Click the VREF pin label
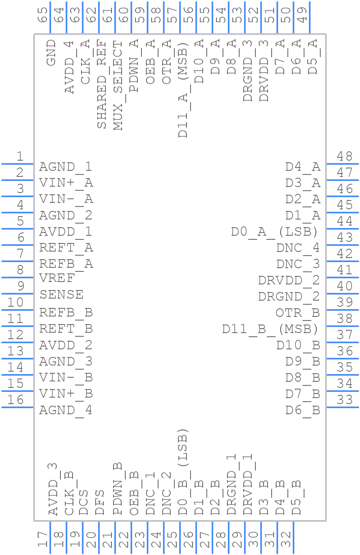[57, 278]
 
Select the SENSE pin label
[62, 295]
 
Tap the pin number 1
[20, 156]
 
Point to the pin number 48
[345, 156]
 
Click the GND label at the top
[51, 53]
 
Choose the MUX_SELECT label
[118, 86]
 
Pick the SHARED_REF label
[102, 84]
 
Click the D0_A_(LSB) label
[274, 232]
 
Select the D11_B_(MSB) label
[270, 329]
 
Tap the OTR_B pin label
[298, 313]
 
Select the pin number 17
[43, 540]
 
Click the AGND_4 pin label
[66, 410]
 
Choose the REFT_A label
[66, 247]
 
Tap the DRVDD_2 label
[289, 280]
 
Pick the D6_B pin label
[302, 410]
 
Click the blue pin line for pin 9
[18, 294]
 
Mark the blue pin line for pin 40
[343, 294]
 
